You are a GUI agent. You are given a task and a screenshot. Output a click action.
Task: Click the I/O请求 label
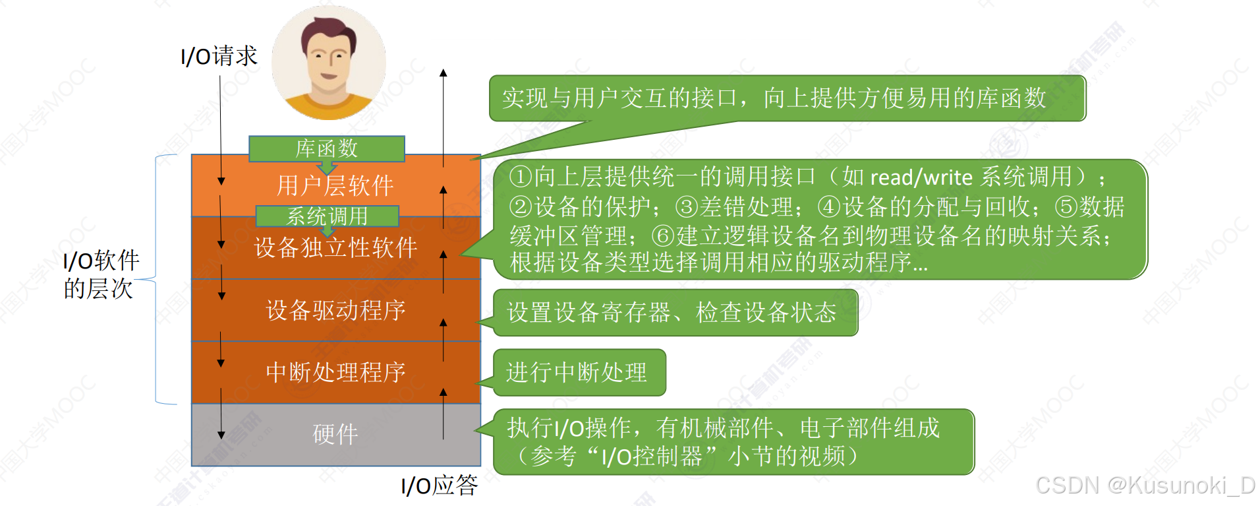pos(219,56)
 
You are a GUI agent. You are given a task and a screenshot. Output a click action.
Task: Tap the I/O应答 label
pos(440,486)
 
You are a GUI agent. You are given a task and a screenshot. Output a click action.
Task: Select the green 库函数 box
pos(327,148)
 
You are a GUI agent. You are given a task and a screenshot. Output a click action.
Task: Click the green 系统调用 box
pos(327,216)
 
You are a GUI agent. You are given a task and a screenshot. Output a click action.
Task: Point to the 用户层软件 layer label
pos(335,186)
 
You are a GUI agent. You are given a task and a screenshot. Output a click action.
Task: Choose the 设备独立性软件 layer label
pos(335,248)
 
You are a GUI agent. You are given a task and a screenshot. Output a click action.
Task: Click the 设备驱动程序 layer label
pos(335,310)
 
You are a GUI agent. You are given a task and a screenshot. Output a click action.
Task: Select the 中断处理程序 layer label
pos(335,372)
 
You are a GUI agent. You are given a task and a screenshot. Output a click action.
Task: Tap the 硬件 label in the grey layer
pos(335,434)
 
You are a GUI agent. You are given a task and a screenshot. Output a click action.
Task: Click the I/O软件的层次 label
pos(100,274)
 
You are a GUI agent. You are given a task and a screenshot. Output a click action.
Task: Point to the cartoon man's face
pos(328,59)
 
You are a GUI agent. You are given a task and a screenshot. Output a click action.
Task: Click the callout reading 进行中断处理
pos(577,373)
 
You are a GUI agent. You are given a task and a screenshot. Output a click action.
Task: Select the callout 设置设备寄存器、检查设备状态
pos(672,313)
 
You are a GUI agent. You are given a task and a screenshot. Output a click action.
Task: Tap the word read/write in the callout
pos(921,177)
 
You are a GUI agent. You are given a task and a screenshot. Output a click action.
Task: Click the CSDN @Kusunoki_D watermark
pos(1145,486)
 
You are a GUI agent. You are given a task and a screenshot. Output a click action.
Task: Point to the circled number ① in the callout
pos(521,177)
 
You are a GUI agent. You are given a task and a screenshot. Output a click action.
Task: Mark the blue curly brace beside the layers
pos(158,279)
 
